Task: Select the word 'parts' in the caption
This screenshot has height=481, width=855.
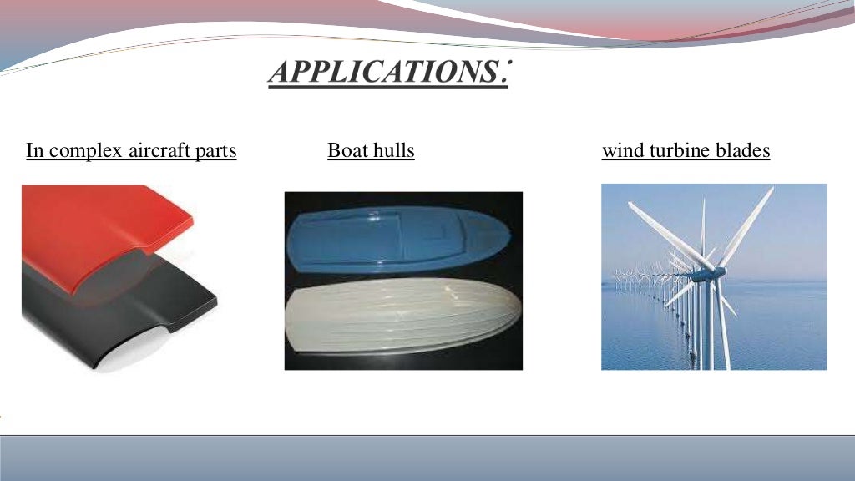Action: tap(215, 152)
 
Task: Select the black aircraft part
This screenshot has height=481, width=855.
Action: tap(109, 309)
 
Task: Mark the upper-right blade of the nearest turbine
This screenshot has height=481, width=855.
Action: tap(747, 225)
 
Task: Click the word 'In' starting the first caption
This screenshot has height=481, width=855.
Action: tap(34, 151)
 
